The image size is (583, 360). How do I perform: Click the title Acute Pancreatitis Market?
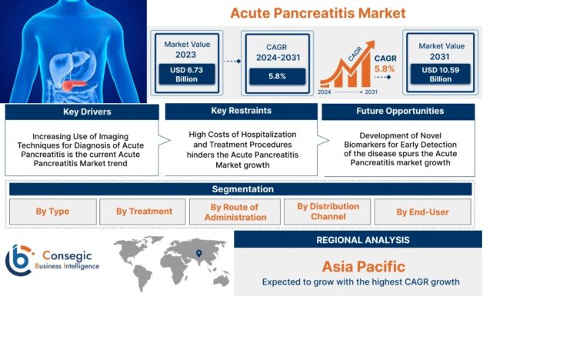[x=318, y=13]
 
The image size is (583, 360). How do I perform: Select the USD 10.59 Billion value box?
[x=441, y=74]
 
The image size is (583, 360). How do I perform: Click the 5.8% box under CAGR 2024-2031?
[x=277, y=76]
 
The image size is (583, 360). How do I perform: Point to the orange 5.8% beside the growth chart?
[x=384, y=68]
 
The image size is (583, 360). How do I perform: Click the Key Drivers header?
[x=86, y=112]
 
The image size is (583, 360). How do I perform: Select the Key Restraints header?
[x=240, y=112]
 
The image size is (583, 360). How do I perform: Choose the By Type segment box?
[x=52, y=212]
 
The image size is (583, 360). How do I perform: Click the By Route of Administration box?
[x=235, y=212]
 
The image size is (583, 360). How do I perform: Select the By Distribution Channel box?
[x=328, y=212]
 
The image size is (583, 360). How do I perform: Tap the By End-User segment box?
[x=422, y=212]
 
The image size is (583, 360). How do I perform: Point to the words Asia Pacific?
[x=362, y=266]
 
